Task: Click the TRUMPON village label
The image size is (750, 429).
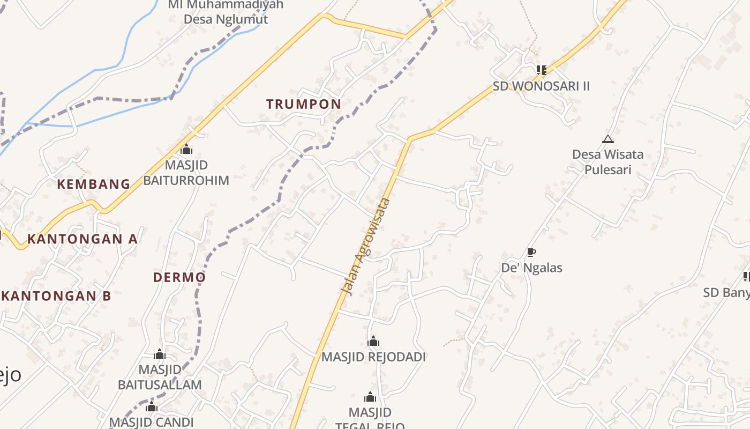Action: point(303,104)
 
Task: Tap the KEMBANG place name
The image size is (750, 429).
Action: point(94,184)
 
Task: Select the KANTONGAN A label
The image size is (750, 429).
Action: point(82,239)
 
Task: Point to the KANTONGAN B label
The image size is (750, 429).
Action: point(57,296)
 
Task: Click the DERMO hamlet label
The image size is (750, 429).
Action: point(179,277)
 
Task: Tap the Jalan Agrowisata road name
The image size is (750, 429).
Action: point(366,247)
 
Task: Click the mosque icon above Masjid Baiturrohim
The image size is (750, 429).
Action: point(186,149)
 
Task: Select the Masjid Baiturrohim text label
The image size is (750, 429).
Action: point(186,173)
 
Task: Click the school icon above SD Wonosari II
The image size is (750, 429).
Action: point(541,70)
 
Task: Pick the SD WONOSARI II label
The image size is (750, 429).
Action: point(541,86)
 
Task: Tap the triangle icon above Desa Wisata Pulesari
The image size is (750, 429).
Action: point(607,139)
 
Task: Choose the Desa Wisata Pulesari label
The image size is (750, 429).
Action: point(607,162)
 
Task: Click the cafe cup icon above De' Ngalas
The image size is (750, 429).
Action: point(531,252)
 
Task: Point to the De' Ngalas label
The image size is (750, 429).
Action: point(531,268)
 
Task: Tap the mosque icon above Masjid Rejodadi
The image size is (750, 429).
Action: point(373,341)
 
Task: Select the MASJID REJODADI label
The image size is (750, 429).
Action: point(373,357)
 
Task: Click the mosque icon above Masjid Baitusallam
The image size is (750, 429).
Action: point(159,354)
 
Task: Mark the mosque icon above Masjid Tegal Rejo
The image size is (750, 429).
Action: point(370,397)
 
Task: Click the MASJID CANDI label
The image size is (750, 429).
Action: point(151,422)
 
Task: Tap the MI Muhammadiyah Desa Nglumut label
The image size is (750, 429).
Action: point(226,12)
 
